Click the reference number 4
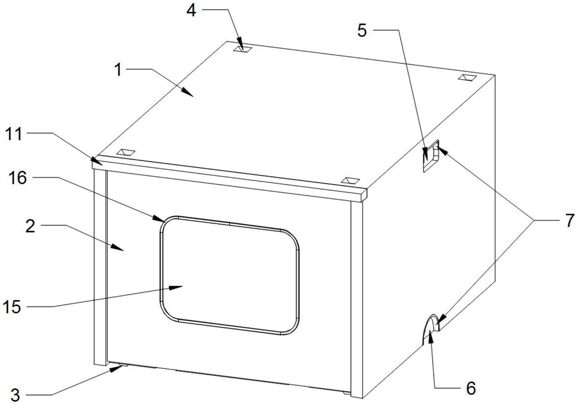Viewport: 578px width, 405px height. click(191, 11)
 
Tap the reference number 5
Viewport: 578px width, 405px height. click(362, 31)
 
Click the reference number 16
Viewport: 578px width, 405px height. click(18, 178)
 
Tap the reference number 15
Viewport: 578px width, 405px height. click(11, 308)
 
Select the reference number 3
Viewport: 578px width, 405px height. click(15, 395)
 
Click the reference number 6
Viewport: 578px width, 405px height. click(471, 388)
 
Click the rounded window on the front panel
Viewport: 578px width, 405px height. click(229, 275)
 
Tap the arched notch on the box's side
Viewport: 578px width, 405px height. click(431, 329)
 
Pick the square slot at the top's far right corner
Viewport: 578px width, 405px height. click(467, 78)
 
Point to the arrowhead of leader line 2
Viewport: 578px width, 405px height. click(118, 248)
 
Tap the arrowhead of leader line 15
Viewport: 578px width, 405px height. click(176, 287)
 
